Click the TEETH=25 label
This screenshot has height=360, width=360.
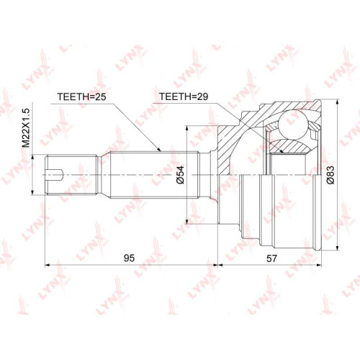point(81,96)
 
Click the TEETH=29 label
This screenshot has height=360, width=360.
point(184,96)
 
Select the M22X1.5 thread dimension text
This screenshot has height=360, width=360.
point(26,127)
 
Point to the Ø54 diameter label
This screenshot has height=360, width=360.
point(181,174)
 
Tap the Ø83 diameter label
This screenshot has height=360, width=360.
point(330,175)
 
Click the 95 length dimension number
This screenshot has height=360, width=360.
point(129,258)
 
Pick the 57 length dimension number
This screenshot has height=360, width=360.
point(271,258)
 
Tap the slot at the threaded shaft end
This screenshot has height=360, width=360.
point(55,174)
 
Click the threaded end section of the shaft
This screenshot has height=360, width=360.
point(71,174)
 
